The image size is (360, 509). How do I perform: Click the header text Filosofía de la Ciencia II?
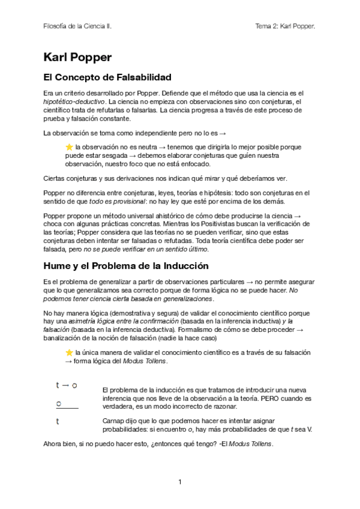click(77, 26)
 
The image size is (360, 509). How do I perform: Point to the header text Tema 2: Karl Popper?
click(286, 26)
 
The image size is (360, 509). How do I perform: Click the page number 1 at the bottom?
click(179, 481)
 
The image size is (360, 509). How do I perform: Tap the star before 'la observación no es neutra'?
click(69, 146)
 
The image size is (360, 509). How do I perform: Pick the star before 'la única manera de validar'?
click(69, 352)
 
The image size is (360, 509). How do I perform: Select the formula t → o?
click(66, 385)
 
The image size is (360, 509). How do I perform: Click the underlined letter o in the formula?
click(59, 403)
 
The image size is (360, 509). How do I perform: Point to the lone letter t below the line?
click(58, 421)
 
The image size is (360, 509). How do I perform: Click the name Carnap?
click(115, 421)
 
